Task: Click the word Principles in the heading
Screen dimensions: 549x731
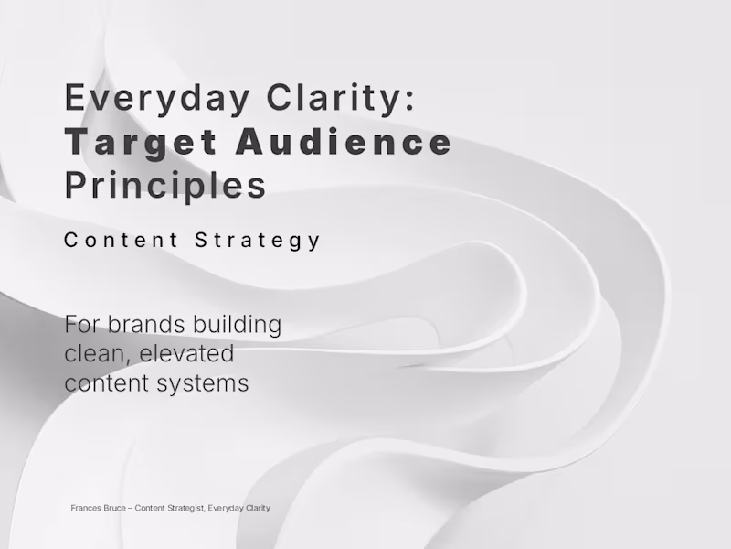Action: [x=165, y=185]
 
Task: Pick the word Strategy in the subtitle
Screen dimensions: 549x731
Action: [x=259, y=241]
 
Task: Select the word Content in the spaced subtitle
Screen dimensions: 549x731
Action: [x=122, y=241]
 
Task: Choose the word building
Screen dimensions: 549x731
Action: [x=241, y=325]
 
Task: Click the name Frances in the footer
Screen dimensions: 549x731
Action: [x=85, y=508]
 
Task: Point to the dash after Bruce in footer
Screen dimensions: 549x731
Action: [x=130, y=508]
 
